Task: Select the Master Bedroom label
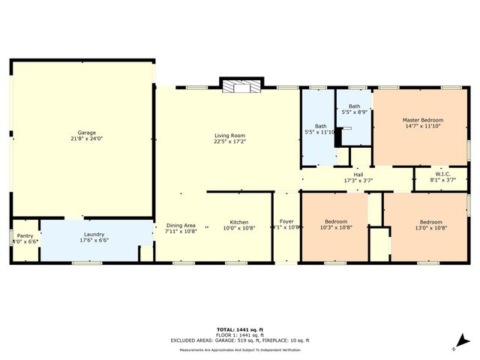[x=423, y=120]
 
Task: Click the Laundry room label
[x=94, y=234]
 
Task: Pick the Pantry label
[x=25, y=235]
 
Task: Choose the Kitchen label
[x=239, y=222]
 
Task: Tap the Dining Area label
[x=181, y=226]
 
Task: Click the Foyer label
[x=286, y=222]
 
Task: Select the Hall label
[x=358, y=175]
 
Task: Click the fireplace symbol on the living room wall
[x=241, y=86]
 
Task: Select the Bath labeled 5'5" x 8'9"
[x=355, y=107]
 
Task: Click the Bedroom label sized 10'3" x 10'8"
[x=336, y=222]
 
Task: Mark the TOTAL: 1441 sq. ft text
[x=239, y=329]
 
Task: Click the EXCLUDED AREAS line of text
[x=239, y=340]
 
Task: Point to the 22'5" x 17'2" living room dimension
[x=229, y=141]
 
